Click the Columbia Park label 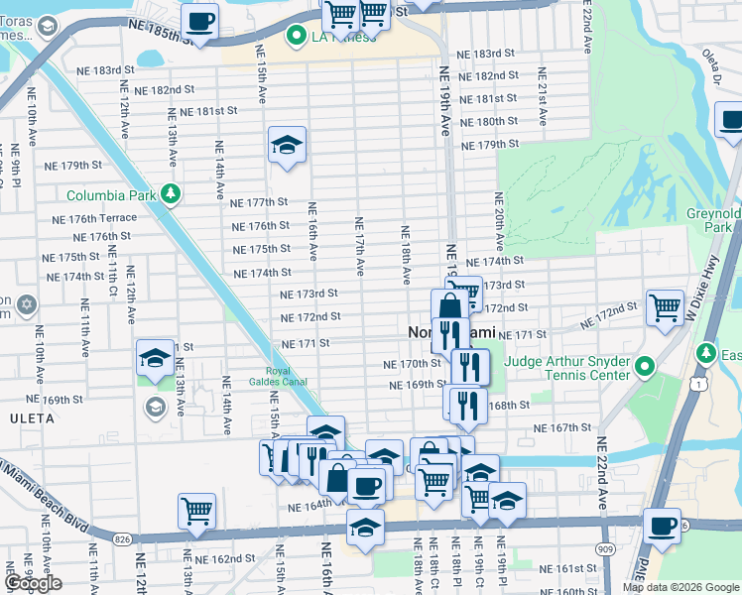tap(111, 194)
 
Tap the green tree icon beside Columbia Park tap(171, 192)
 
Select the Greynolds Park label tap(713, 220)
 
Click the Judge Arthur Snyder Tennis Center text tap(566, 368)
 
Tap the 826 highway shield tap(122, 538)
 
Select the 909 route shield tap(604, 548)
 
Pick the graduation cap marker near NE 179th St tap(287, 146)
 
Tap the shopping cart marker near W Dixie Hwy tap(664, 306)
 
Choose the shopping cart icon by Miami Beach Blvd tap(196, 511)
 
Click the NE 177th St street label tap(258, 201)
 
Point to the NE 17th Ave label tap(359, 247)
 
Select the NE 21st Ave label tap(542, 96)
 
